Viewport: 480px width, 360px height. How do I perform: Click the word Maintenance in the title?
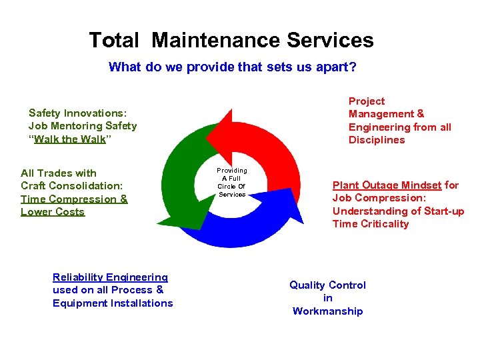click(x=216, y=40)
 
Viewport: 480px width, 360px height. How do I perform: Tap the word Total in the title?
click(x=114, y=40)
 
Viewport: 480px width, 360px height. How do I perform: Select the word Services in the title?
click(x=330, y=40)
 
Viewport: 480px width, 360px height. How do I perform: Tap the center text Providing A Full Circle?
click(x=231, y=183)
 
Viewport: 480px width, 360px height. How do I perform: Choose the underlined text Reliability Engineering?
click(x=110, y=277)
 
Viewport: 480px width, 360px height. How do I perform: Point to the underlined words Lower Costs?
click(x=53, y=212)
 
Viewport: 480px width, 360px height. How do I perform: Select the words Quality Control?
click(x=327, y=285)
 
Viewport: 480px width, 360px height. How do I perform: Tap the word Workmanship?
click(x=327, y=311)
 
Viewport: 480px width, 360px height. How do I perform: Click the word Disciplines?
click(x=377, y=139)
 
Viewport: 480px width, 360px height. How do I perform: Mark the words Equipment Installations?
click(x=113, y=303)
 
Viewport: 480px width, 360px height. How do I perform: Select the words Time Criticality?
click(x=371, y=223)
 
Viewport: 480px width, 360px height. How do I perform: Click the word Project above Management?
click(x=367, y=101)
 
